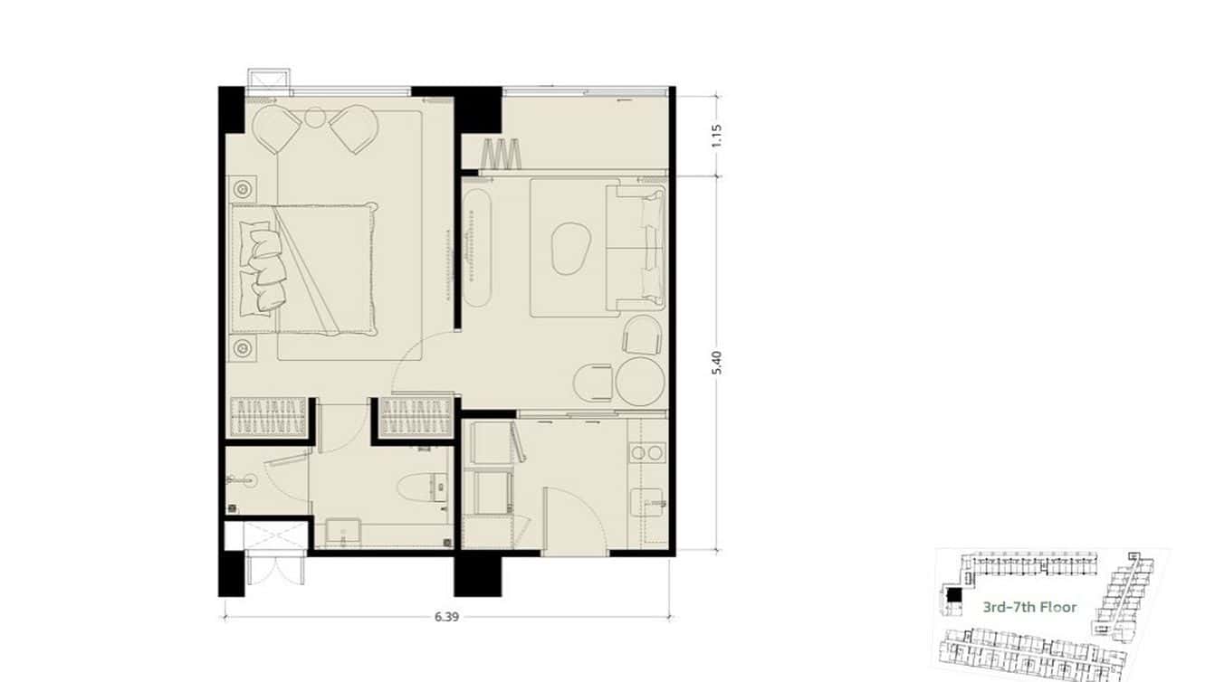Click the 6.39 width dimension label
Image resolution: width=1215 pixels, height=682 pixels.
(x=446, y=617)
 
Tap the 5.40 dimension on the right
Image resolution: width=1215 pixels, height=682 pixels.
(x=717, y=363)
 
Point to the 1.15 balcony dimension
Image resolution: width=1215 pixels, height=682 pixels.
(x=717, y=136)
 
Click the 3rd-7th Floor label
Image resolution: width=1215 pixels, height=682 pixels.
(x=1029, y=607)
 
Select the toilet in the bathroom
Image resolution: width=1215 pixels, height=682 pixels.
(x=423, y=488)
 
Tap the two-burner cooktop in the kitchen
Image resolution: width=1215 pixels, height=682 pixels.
(x=647, y=451)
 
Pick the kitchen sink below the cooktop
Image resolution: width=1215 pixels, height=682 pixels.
(x=649, y=502)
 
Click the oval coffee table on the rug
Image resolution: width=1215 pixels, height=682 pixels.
(x=570, y=249)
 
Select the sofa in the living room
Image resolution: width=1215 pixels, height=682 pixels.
(x=636, y=249)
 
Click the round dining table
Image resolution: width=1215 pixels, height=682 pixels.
(x=641, y=382)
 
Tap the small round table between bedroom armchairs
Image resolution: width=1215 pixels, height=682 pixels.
(x=314, y=117)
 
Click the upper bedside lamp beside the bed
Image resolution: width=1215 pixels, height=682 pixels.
(x=243, y=189)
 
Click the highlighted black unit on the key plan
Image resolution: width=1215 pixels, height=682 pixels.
(x=953, y=595)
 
